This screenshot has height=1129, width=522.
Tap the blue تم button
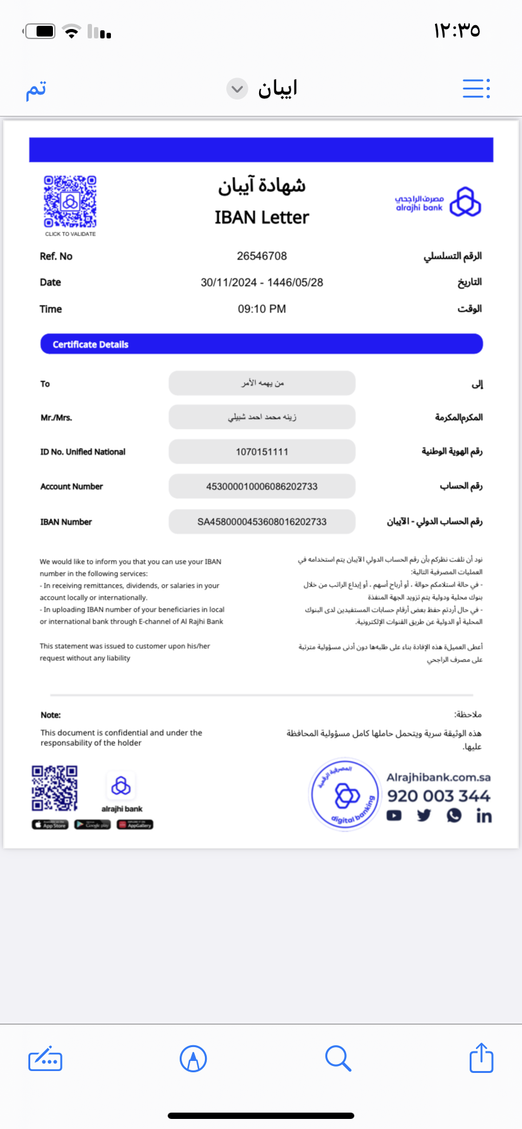36,89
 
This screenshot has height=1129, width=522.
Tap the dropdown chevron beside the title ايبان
237,89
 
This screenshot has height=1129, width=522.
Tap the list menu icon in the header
476,89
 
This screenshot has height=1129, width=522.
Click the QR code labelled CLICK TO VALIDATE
70,202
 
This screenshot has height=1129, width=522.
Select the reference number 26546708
262,256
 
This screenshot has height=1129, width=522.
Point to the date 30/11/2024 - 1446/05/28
262,283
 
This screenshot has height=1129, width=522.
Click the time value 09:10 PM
262,309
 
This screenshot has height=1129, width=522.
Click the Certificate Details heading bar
262,344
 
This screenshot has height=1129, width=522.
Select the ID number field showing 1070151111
262,452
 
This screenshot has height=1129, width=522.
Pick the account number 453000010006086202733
262,486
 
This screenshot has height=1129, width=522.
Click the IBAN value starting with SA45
262,522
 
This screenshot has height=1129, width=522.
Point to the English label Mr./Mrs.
56,418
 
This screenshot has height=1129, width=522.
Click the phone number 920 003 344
438,796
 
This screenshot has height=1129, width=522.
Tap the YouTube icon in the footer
394,816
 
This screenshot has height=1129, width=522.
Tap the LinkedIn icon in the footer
484,816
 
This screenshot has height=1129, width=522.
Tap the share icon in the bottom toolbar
481,1058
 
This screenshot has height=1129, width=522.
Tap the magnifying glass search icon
338,1058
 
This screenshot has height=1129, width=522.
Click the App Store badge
50,825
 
